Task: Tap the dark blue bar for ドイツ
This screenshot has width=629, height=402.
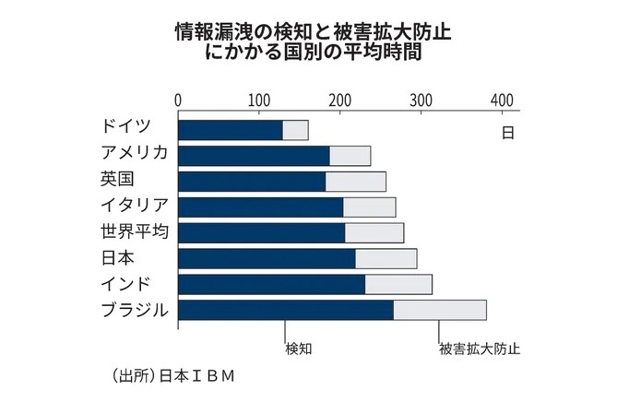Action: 230,130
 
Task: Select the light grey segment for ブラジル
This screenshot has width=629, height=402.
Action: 439,310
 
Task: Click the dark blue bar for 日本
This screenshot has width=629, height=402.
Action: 266,258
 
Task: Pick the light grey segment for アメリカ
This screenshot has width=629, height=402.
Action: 350,156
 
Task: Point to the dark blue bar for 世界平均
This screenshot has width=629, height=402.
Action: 261,232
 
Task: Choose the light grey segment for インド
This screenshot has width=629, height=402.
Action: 398,284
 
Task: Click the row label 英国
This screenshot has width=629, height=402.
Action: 118,180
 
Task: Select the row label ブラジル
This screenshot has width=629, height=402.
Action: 135,310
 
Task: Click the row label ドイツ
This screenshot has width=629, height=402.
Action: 126,128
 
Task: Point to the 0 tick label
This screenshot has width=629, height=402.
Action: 178,100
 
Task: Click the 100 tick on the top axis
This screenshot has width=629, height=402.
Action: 259,100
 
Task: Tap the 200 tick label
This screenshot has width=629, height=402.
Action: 340,100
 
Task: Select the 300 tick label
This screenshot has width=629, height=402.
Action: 421,100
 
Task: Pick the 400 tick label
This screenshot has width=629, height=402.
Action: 503,100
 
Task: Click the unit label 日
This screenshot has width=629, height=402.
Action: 507,132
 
